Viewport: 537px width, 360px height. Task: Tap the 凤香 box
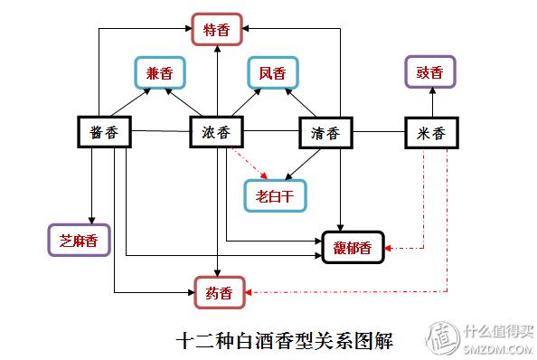[273, 71]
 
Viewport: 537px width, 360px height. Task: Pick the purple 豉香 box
[429, 71]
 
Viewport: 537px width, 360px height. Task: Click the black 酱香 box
[105, 132]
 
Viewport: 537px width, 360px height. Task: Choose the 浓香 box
[217, 132]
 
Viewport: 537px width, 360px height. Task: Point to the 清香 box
[324, 132]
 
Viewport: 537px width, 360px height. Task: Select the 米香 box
[430, 132]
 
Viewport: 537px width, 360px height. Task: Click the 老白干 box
[274, 192]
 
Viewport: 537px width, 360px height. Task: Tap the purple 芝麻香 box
[78, 240]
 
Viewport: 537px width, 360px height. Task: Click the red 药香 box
[218, 291]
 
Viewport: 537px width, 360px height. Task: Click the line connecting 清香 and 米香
[377, 132]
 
